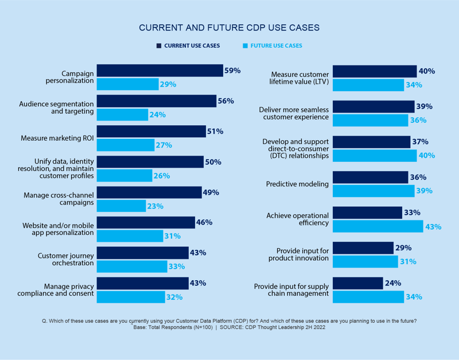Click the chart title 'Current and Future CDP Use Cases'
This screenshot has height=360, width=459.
229,28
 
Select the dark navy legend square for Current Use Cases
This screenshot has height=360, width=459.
158,45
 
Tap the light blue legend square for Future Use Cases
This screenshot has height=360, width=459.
245,45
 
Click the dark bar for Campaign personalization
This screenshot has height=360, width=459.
160,71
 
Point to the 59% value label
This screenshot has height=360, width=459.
232,71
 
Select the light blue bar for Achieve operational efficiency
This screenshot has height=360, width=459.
378,227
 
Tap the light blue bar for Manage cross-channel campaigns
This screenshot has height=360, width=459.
121,206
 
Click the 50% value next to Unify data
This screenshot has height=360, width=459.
213,162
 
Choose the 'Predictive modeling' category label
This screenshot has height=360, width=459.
297,184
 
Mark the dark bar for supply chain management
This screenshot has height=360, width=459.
357,283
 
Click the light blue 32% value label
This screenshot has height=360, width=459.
174,297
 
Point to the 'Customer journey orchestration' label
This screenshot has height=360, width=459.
65,259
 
